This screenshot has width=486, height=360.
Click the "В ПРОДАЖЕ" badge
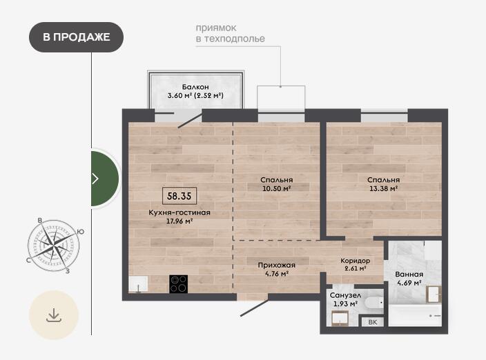[76, 37]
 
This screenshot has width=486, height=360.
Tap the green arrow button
[104, 179]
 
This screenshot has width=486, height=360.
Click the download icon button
[54, 315]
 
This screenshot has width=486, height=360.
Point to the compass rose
[53, 246]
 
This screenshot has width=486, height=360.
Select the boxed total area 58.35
[179, 196]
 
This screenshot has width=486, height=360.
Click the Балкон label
[195, 87]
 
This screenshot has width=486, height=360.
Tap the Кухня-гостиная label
[179, 212]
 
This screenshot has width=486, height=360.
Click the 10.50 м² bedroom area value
[276, 188]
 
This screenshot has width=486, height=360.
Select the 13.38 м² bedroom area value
[383, 188]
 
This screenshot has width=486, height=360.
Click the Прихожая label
[276, 266]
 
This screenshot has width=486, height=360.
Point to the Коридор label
[356, 261]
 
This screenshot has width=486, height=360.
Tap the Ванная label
[409, 274]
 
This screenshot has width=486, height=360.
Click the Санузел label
[345, 295]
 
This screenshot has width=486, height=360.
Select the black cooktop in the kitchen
[178, 284]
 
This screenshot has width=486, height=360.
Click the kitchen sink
[138, 284]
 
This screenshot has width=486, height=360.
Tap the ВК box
[373, 322]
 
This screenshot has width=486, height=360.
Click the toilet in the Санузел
[374, 303]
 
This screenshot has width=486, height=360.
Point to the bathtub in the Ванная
[415, 315]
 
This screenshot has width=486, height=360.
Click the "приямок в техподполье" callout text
[231, 33]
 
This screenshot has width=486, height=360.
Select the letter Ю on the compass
[80, 232]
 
